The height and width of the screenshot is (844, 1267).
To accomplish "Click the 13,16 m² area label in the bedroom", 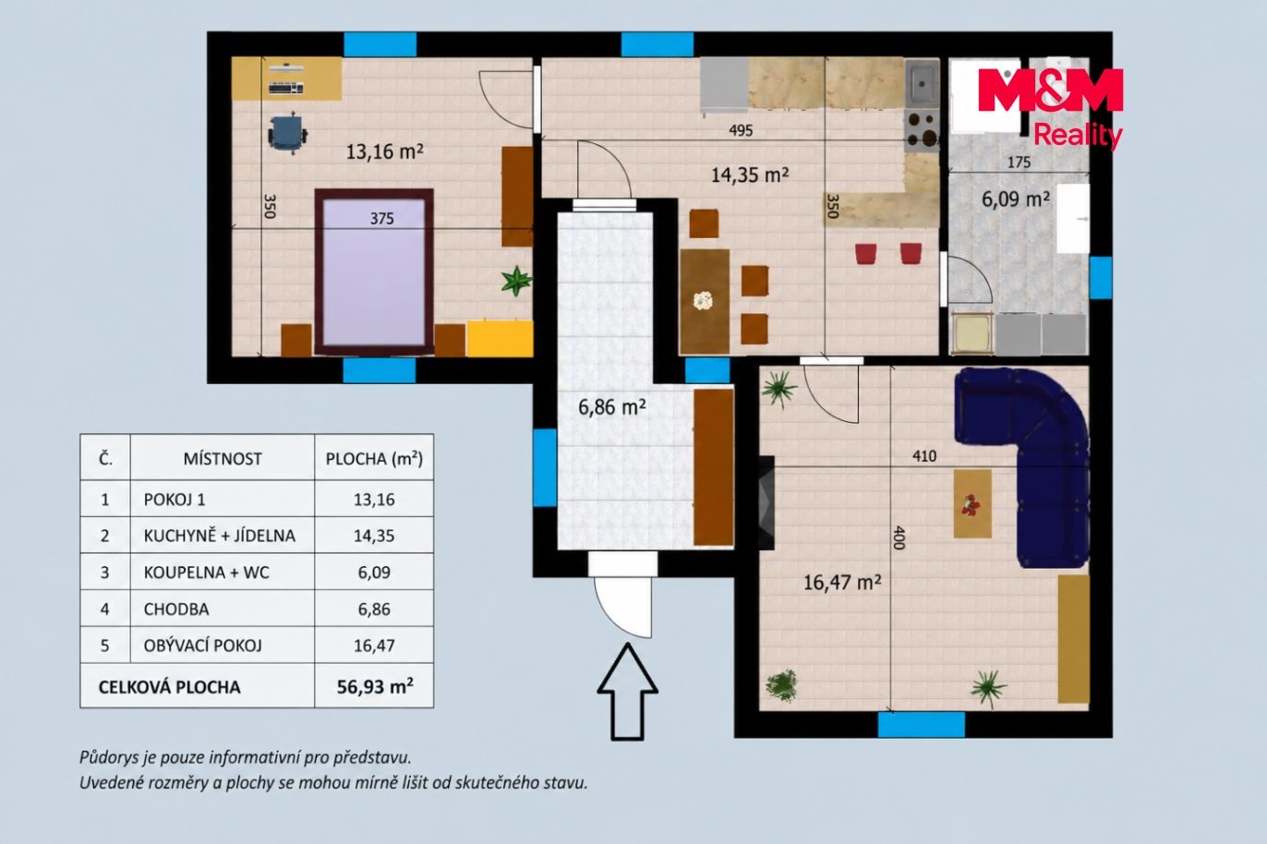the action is [384, 151].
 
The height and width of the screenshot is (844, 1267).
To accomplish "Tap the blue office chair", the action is [288, 134].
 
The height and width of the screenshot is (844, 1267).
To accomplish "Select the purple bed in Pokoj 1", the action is [374, 272].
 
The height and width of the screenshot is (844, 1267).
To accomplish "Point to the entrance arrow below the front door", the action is [628, 692].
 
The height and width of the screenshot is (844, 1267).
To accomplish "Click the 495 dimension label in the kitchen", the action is [741, 131].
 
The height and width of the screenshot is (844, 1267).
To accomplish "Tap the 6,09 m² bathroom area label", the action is [1016, 199].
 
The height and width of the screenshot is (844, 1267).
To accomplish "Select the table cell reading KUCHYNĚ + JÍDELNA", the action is [220, 536].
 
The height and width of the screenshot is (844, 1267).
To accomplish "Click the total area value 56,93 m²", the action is [374, 686].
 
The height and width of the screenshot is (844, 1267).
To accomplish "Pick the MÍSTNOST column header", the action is [223, 458].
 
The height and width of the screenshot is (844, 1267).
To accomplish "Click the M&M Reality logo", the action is [1050, 106].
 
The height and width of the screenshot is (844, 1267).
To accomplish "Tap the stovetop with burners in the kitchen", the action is [922, 130].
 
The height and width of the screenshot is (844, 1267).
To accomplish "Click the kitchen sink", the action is [922, 84].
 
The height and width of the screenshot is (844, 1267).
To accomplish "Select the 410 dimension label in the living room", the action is [924, 456].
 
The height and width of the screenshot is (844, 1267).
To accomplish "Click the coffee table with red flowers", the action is [973, 503].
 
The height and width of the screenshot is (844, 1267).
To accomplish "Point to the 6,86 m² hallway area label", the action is [612, 406].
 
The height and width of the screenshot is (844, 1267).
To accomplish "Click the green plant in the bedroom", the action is [516, 281].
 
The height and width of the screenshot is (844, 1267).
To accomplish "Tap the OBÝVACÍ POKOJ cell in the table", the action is [202, 645].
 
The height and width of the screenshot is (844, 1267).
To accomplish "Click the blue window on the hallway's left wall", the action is [545, 467].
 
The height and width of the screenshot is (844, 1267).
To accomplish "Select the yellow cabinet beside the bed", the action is [500, 338].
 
